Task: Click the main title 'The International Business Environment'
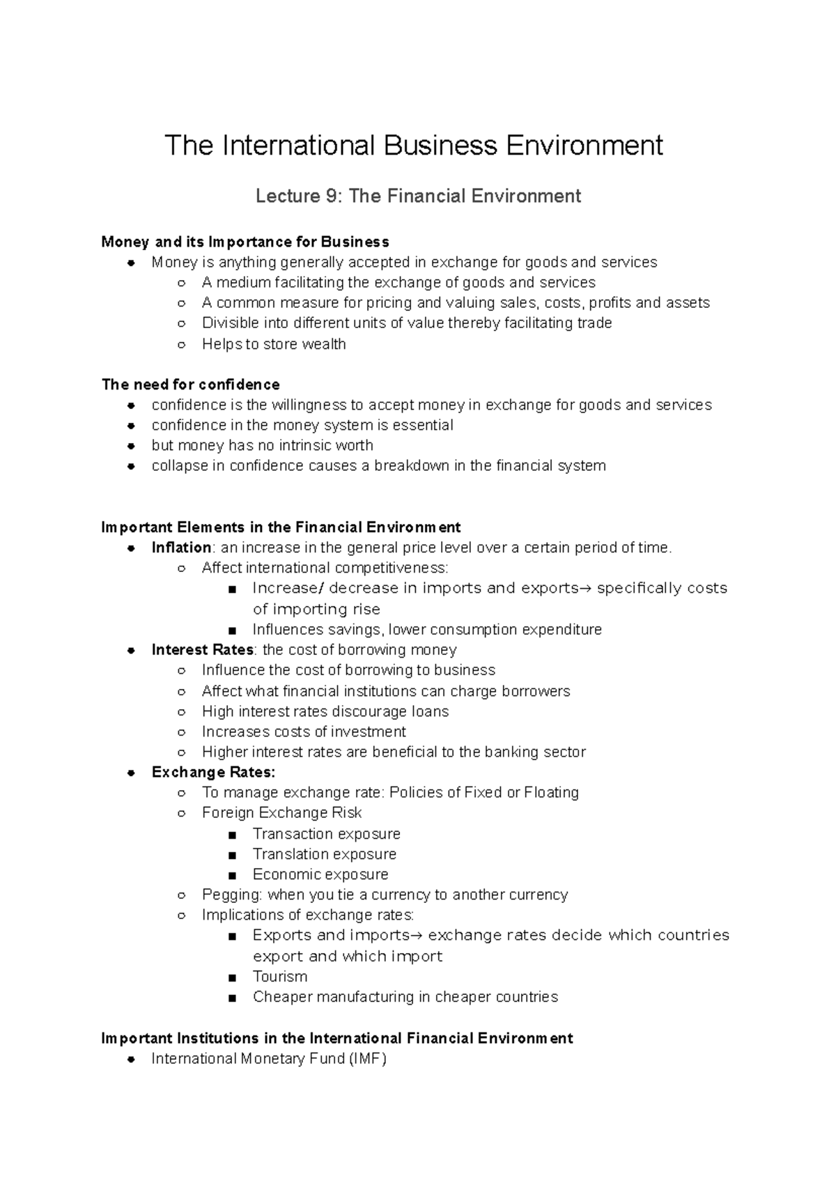pos(414,146)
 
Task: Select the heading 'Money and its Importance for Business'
pos(245,242)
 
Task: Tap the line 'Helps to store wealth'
pos(274,344)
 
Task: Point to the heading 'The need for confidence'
pos(191,385)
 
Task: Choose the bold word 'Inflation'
pos(181,548)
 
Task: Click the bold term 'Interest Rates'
pos(202,650)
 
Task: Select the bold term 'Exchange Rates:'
pos(213,772)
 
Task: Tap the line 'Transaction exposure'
pos(326,834)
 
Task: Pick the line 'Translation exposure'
pos(324,854)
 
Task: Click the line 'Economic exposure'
pos(320,874)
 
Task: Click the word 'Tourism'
pos(280,977)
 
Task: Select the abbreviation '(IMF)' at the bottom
pos(369,1059)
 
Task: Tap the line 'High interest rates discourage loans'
pos(325,711)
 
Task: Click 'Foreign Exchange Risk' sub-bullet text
pos(282,813)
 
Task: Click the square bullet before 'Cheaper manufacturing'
pos(232,998)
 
